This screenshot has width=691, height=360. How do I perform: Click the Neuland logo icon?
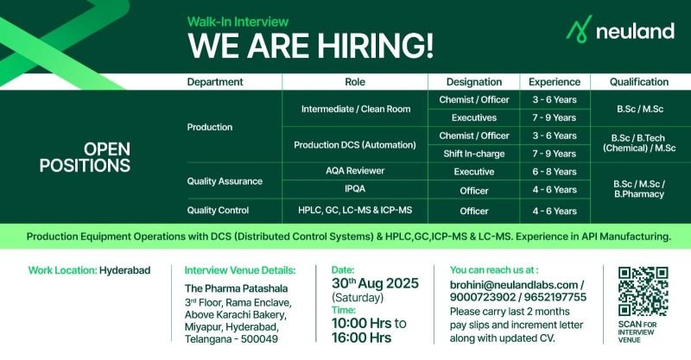579,28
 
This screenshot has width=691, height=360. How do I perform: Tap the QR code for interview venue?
643,291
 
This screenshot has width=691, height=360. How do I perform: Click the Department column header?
215,82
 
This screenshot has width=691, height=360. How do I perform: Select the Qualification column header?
639,82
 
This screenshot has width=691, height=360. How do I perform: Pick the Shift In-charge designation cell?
473,154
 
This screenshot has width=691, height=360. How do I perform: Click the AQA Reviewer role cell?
355,171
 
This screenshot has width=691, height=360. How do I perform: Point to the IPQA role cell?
355,189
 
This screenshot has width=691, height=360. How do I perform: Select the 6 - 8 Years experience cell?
555,172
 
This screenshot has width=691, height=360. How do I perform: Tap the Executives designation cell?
473,117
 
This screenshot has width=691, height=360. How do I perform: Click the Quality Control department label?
218,211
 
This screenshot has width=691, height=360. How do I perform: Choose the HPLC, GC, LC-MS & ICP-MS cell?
355,210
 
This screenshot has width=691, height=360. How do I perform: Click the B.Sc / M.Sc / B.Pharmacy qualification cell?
639,189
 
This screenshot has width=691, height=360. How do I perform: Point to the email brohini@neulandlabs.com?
513,285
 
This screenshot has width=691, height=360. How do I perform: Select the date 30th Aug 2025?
375,283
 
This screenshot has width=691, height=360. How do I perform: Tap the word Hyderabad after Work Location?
124,270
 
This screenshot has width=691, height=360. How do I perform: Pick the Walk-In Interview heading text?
238,22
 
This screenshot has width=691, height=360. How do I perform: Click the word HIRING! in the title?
376,46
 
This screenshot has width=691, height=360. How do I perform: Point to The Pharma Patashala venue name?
236,288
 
